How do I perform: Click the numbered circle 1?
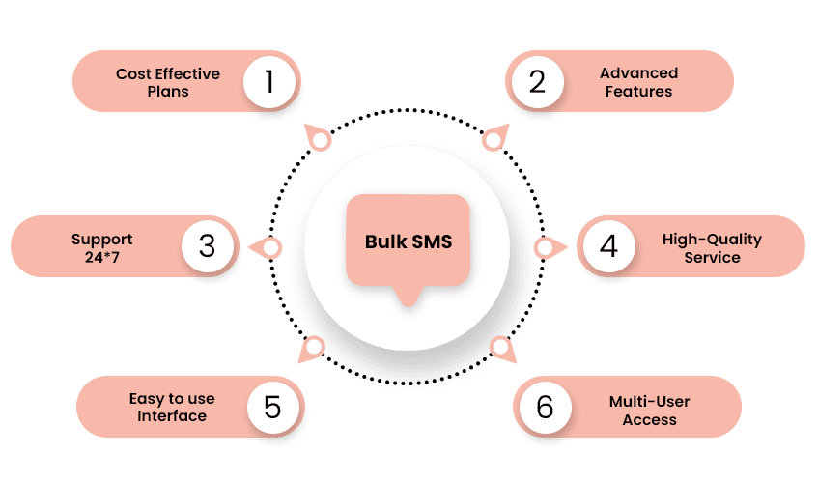coord(269,81)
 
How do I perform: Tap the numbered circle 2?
coord(536,81)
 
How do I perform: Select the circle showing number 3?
coord(208,246)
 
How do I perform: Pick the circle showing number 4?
coord(607,246)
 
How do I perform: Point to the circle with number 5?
coord(272,407)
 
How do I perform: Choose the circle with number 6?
coord(545,407)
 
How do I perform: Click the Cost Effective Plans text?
coord(168,82)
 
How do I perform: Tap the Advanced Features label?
coord(638,82)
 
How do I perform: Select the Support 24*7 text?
coord(101,248)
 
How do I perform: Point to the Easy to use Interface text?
coord(172,408)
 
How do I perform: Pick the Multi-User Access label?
coord(649,410)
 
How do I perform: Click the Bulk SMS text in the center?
coord(409,241)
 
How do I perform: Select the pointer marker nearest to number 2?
coord(494,139)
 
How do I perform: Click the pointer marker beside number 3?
coord(269,248)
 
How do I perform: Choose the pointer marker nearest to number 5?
coord(313,349)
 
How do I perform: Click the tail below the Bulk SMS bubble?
coord(409,297)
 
